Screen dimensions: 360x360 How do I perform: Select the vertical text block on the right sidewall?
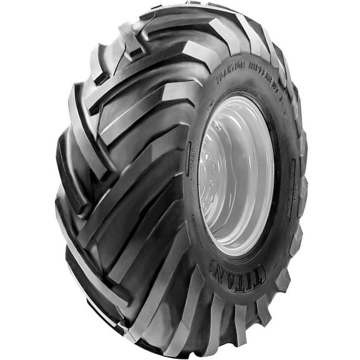[292, 187]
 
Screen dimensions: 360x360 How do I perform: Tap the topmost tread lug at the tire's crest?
[187, 9]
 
